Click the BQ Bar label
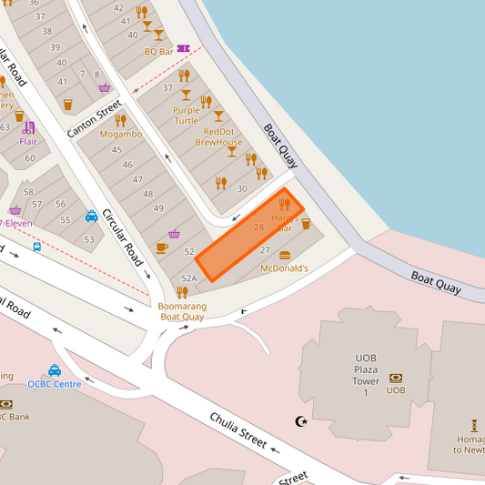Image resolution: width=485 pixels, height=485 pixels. point(158,52)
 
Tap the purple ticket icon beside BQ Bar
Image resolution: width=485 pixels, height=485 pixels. point(184,49)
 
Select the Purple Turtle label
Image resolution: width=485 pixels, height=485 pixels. point(186,116)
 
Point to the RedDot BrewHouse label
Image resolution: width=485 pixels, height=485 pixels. point(218,136)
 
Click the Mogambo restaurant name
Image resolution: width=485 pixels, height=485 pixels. point(120,134)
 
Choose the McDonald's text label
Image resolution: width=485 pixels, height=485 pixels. point(284,268)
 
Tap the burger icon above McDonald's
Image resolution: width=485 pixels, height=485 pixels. point(284,255)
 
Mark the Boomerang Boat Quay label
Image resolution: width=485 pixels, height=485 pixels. point(182,311)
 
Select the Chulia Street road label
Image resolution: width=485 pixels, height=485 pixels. point(237,429)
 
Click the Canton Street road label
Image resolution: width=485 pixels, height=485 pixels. point(95,120)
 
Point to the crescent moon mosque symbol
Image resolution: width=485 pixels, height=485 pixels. point(302,420)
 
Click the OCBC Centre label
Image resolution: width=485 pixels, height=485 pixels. point(54,383)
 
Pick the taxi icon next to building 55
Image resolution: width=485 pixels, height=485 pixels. point(92,217)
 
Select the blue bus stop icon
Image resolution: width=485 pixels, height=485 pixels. point(36,246)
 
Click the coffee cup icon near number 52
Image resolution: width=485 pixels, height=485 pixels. point(162,247)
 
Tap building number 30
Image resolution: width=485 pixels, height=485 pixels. point(241,188)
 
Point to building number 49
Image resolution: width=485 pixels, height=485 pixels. point(158,208)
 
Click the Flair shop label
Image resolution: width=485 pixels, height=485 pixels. point(28,141)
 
